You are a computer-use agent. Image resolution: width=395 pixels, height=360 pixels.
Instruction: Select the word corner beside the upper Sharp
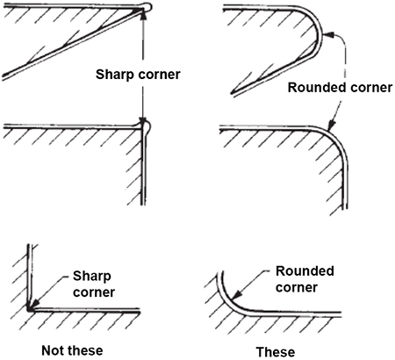click(x=159, y=75)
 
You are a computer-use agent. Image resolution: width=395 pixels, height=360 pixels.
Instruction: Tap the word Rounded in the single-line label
click(x=316, y=88)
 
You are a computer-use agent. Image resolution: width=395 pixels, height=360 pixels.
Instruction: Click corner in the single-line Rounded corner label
click(x=370, y=88)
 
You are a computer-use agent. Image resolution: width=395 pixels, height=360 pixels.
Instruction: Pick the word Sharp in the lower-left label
click(x=92, y=277)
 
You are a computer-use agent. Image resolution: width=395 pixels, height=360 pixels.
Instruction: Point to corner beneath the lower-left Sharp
click(x=94, y=292)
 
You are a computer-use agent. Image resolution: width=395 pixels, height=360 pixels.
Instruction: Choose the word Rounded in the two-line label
click(x=305, y=271)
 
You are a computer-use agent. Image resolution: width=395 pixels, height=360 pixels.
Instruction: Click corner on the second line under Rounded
click(x=297, y=287)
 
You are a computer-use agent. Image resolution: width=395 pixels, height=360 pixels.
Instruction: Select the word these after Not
click(x=84, y=350)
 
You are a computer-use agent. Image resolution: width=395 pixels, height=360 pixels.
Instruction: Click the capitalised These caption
click(x=276, y=351)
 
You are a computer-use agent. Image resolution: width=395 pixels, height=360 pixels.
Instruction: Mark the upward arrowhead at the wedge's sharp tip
click(x=143, y=15)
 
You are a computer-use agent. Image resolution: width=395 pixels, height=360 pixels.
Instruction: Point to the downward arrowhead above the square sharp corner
click(x=143, y=119)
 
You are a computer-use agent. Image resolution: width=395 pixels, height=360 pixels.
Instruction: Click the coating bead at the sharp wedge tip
click(x=147, y=7)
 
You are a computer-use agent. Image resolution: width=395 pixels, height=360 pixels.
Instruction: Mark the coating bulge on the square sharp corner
click(x=147, y=126)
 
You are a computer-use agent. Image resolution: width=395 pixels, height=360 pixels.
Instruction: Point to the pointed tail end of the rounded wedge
click(x=232, y=93)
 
